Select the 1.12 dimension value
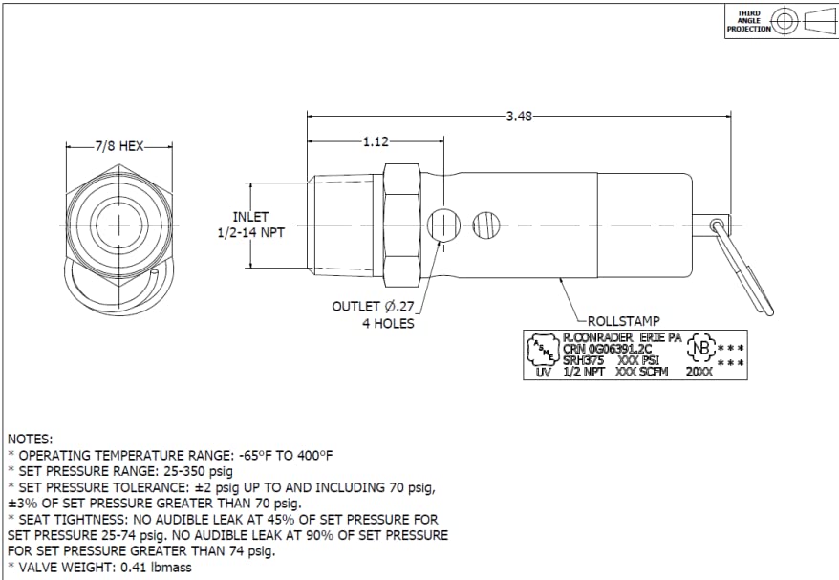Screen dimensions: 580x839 pyautogui.click(x=376, y=142)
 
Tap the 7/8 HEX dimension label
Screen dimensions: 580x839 pyautogui.click(x=118, y=147)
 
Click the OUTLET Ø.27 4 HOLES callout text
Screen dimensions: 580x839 pyautogui.click(x=374, y=314)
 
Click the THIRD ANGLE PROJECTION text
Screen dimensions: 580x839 pyautogui.click(x=748, y=21)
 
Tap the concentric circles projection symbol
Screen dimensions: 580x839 pyautogui.click(x=785, y=21)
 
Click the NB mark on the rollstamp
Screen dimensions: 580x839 pyautogui.click(x=702, y=349)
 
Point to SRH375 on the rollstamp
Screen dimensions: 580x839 pyautogui.click(x=584, y=360)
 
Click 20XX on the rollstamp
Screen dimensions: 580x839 pyautogui.click(x=699, y=372)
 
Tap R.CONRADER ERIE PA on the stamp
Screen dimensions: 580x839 pyautogui.click(x=622, y=338)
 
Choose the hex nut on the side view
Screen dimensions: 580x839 pyautogui.click(x=401, y=225)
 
